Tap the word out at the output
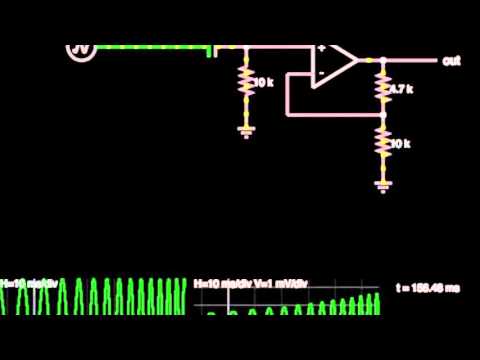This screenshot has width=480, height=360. point(451,61)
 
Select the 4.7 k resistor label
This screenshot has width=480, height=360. point(399,89)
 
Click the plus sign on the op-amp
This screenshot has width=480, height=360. point(321,49)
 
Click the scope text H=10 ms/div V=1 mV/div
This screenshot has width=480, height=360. point(252,284)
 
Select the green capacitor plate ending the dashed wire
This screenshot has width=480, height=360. point(211,49)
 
